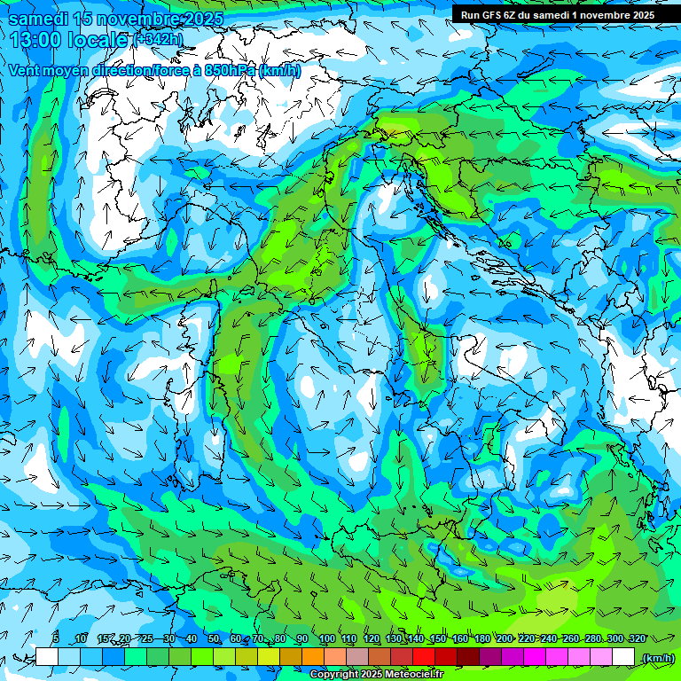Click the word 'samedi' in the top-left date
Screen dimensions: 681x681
coord(38,19)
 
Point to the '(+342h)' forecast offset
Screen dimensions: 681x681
coord(158,39)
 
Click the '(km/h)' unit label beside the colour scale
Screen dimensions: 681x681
coord(657,657)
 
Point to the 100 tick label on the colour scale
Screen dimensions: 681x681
coord(325,639)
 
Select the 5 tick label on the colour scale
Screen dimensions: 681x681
coord(56,639)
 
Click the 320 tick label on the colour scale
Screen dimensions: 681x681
coord(637,639)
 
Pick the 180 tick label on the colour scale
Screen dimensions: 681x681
coord(481,639)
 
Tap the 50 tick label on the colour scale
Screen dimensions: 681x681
coord(213,639)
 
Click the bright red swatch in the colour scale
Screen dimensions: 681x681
coord(424,657)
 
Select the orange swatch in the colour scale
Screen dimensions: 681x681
coord(313,657)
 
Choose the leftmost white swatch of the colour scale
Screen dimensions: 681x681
coord(47,657)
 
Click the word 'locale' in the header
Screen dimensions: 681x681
coord(100,40)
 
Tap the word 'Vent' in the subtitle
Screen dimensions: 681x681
coord(25,70)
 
